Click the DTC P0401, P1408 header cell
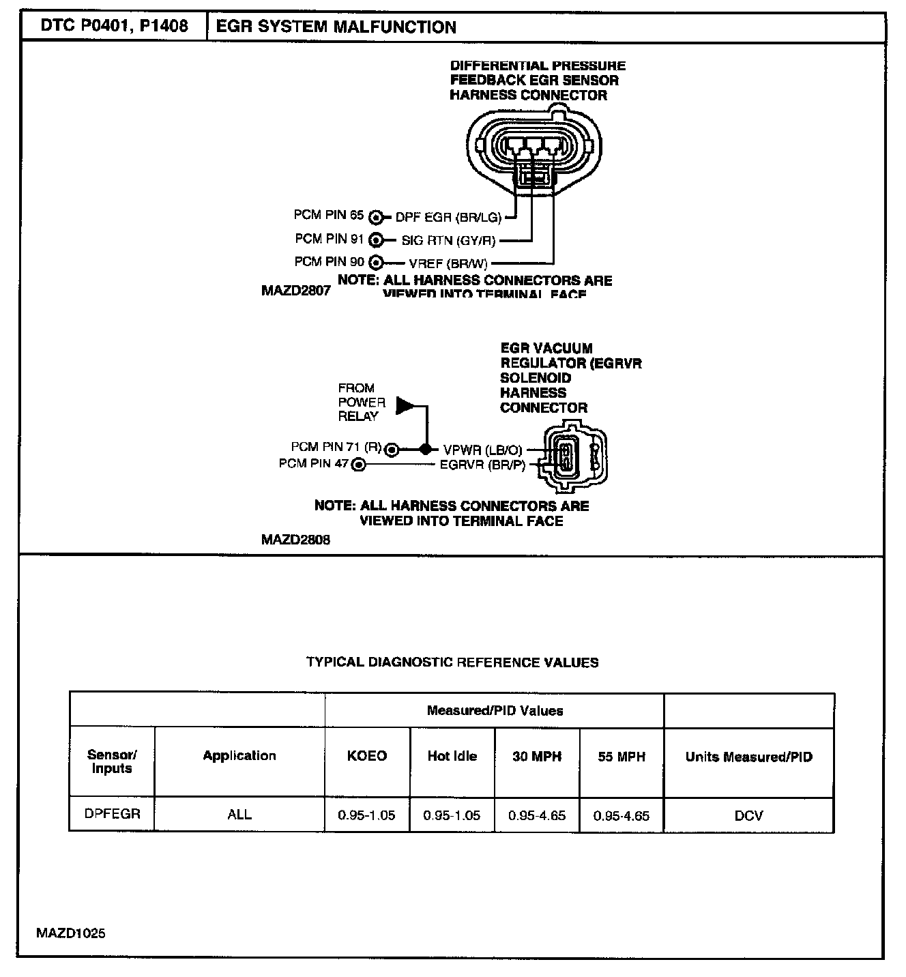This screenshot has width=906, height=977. [114, 27]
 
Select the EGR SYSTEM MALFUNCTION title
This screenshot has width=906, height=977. [336, 27]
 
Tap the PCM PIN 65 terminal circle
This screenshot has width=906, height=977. [376, 218]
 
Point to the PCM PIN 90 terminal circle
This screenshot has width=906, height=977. [376, 263]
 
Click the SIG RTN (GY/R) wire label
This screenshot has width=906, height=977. [448, 240]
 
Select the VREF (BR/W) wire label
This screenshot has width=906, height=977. [448, 263]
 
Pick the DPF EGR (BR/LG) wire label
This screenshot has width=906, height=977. [448, 218]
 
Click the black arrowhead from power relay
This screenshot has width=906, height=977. [406, 405]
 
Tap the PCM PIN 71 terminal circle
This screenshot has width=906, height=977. [392, 450]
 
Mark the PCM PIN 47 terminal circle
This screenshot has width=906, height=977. [358, 465]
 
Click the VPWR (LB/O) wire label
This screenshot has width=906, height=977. [482, 450]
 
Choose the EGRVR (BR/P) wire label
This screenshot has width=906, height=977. [482, 465]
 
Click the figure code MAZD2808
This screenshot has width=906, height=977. [295, 540]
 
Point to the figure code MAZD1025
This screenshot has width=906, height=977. [72, 933]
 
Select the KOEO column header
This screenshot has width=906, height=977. [367, 756]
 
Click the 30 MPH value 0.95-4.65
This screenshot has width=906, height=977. [537, 815]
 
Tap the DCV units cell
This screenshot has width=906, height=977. [748, 815]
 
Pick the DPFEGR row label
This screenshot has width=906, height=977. [112, 814]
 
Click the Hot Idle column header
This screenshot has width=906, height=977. [452, 756]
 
